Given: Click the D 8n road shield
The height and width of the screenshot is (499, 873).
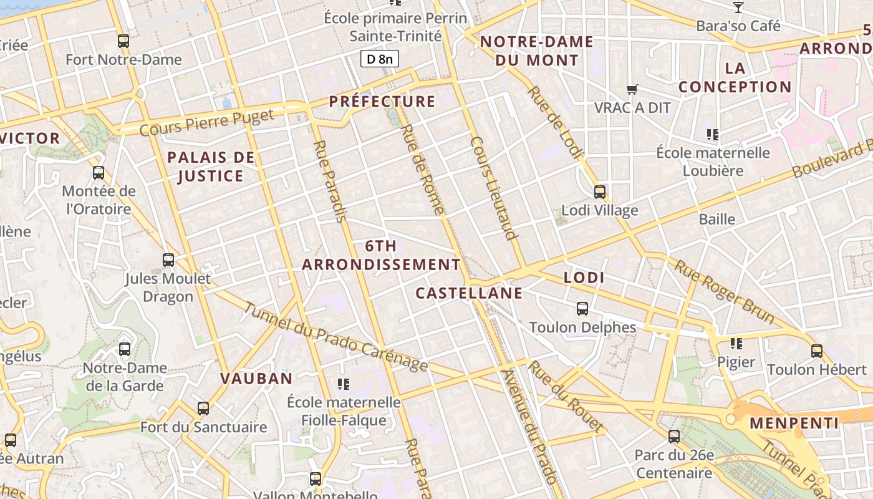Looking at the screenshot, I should [x=379, y=59].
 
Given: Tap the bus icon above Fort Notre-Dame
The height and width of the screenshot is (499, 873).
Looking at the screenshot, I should [x=123, y=41].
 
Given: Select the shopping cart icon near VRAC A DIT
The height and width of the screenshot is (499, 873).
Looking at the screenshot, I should [x=632, y=90].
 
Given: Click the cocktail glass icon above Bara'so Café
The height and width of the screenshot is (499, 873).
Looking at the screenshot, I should [x=738, y=7].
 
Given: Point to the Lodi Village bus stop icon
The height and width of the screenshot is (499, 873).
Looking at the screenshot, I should [x=600, y=192].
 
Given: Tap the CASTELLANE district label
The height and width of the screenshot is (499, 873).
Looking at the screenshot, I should [x=469, y=293].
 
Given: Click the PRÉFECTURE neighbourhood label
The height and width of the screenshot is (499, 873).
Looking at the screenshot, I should [x=382, y=102].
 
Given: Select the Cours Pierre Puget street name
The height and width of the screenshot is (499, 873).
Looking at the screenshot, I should [x=206, y=123].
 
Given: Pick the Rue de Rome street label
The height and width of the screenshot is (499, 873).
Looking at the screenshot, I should [x=423, y=170].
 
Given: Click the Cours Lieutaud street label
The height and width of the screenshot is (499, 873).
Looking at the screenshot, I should [x=494, y=188].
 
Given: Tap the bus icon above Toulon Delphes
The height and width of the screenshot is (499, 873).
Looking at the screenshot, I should [x=582, y=309].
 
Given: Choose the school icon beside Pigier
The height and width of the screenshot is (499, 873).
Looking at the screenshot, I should [x=736, y=344].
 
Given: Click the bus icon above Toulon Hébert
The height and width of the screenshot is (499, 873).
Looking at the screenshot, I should [x=817, y=351].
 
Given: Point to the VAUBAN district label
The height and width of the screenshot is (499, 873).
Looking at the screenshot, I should [x=256, y=379].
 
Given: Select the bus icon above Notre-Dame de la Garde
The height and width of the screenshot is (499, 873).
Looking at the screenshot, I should [x=125, y=349].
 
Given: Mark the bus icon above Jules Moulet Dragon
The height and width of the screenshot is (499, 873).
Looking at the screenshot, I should [x=168, y=260].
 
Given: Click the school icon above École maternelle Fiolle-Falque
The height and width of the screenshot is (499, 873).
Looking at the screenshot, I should [x=343, y=384].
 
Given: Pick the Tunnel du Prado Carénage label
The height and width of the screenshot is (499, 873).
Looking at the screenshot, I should [x=335, y=337].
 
